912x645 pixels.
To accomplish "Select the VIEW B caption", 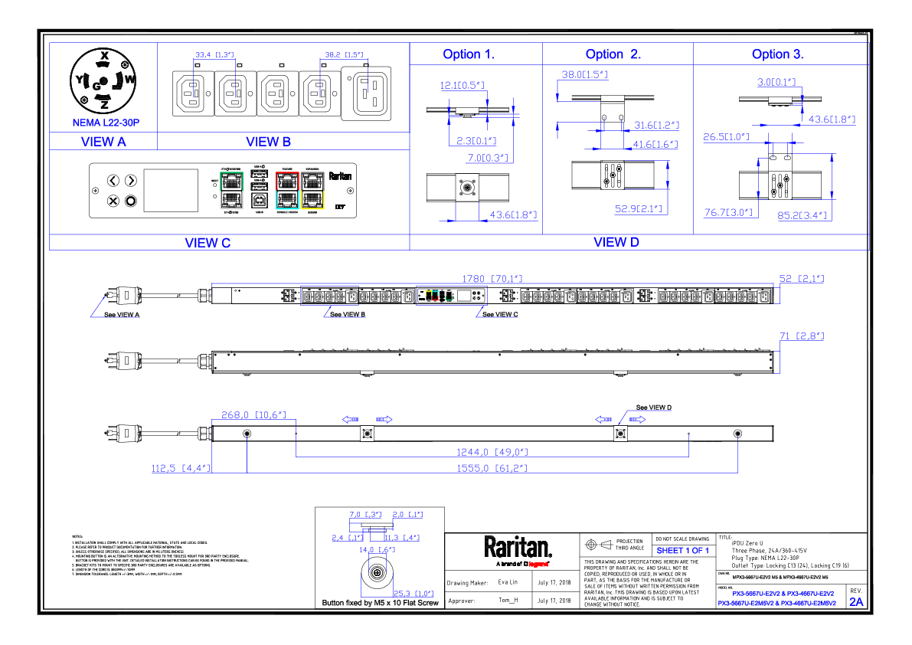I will [x=268, y=141].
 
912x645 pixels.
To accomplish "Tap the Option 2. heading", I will [x=613, y=54].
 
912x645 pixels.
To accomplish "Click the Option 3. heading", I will [x=777, y=54].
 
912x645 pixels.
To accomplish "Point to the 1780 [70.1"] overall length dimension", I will [x=492, y=279].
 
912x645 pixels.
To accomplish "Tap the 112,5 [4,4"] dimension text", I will [x=181, y=467].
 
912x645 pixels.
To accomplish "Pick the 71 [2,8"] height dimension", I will [x=802, y=336].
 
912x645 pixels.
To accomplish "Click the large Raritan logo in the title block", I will [x=518, y=547].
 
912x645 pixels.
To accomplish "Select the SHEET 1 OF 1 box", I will [x=682, y=550].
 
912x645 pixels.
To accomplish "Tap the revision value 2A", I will [x=856, y=602].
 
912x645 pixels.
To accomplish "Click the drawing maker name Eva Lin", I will [x=508, y=583].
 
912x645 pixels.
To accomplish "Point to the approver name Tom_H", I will [x=508, y=601].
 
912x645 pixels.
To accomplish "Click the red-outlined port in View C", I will [x=287, y=182].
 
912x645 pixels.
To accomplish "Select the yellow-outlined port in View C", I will [x=312, y=200].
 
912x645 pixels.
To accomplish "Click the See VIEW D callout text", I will [x=654, y=408].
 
